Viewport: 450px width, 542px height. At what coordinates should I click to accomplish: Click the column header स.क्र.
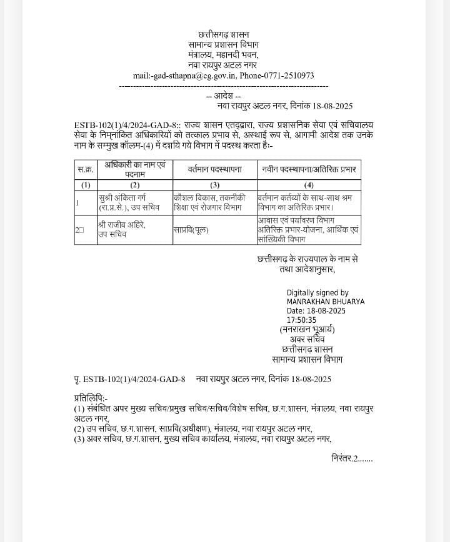coord(86,169)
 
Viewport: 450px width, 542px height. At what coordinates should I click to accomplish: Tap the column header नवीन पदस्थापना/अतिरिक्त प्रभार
coord(309,169)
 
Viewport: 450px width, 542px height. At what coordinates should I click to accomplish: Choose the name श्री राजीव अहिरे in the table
coord(121,225)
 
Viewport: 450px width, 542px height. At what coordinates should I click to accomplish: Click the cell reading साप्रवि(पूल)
coord(191,230)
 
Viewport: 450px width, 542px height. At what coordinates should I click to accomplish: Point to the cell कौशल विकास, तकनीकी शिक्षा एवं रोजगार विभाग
coord(214,202)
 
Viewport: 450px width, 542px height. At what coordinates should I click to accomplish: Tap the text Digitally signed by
coord(317,292)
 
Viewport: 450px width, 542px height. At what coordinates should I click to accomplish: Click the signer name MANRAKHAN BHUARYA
coord(325,302)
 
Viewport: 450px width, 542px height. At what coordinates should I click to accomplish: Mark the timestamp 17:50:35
coord(301,320)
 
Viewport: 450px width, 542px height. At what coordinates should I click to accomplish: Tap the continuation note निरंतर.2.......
coord(351,458)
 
